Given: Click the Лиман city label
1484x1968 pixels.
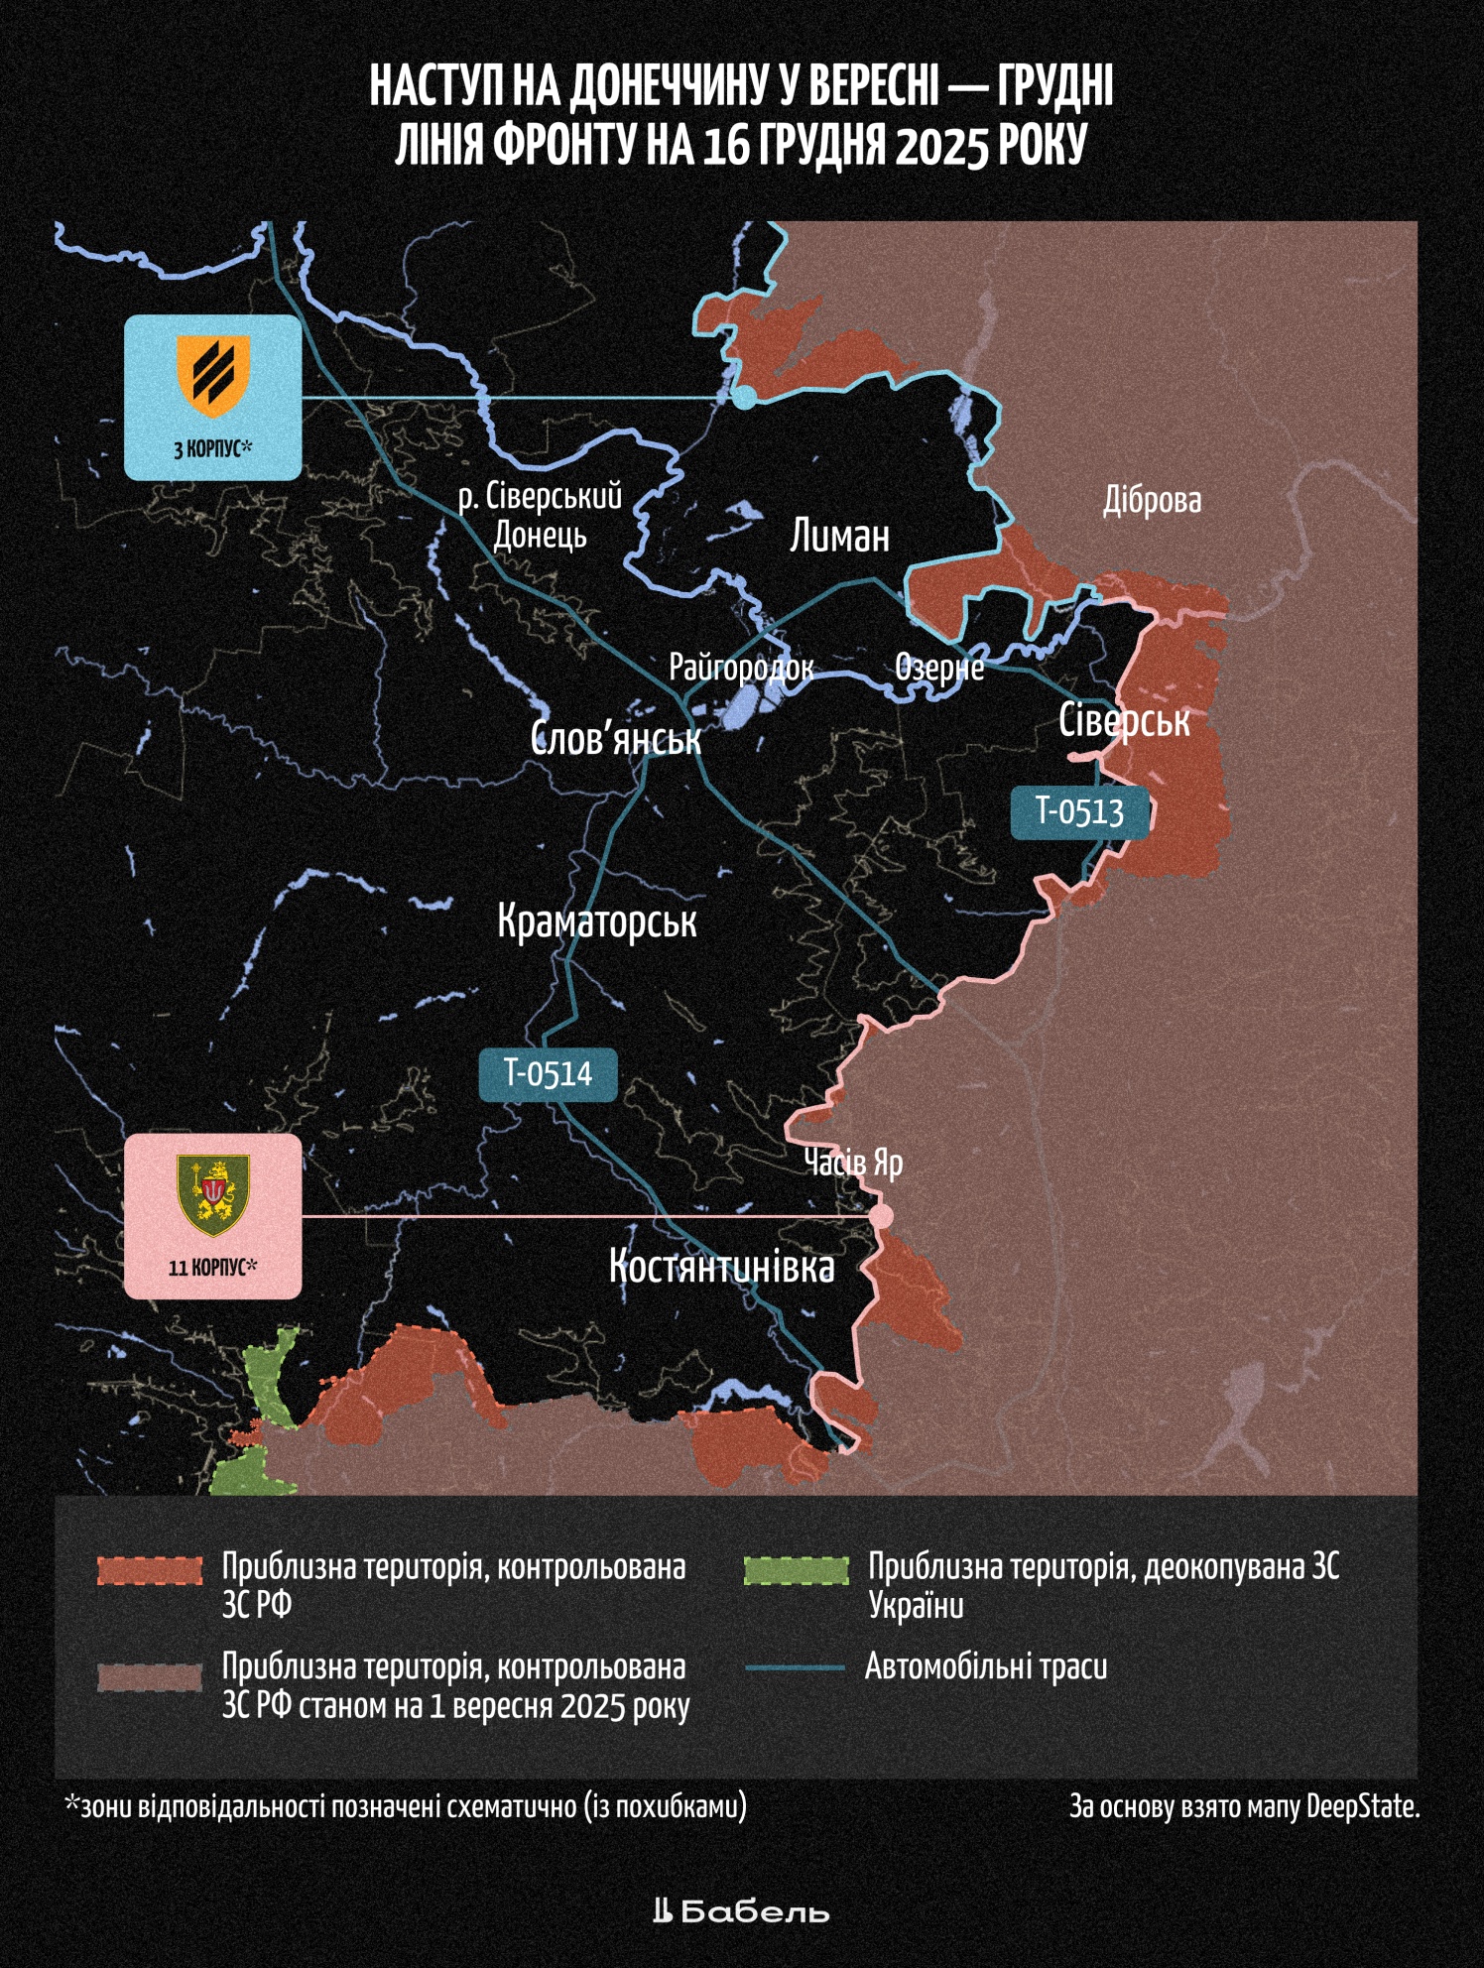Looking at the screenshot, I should tap(839, 537).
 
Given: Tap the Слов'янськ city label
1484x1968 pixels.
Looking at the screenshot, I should tap(615, 739).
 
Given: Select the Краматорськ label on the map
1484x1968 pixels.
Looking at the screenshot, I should tap(597, 922).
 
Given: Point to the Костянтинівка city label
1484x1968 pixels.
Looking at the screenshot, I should tap(721, 1268).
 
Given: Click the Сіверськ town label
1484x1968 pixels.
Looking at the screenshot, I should tap(1124, 721).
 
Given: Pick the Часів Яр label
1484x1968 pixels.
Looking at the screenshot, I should tap(853, 1163).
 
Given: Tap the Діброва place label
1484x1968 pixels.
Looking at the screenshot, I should tap(1152, 501).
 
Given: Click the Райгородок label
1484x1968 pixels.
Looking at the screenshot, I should tap(741, 668).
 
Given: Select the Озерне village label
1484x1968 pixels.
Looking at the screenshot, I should tap(939, 668).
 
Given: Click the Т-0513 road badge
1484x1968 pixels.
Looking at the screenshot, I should tap(1079, 811).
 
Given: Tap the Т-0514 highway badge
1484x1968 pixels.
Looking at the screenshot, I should tap(548, 1074).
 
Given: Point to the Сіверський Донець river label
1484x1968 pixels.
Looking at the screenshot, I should tap(541, 516).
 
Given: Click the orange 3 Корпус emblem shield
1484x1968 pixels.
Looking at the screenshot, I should tap(212, 376).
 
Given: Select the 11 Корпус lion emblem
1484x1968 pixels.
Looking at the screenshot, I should tap(212, 1195).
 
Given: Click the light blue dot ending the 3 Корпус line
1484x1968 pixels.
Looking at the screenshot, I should tap(744, 398).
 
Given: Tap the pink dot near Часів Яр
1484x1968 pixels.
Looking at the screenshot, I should tap(880, 1216).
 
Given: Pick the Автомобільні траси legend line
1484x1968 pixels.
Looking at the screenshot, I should tap(796, 1668).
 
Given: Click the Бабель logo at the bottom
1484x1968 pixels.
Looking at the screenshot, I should tap(741, 1911).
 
